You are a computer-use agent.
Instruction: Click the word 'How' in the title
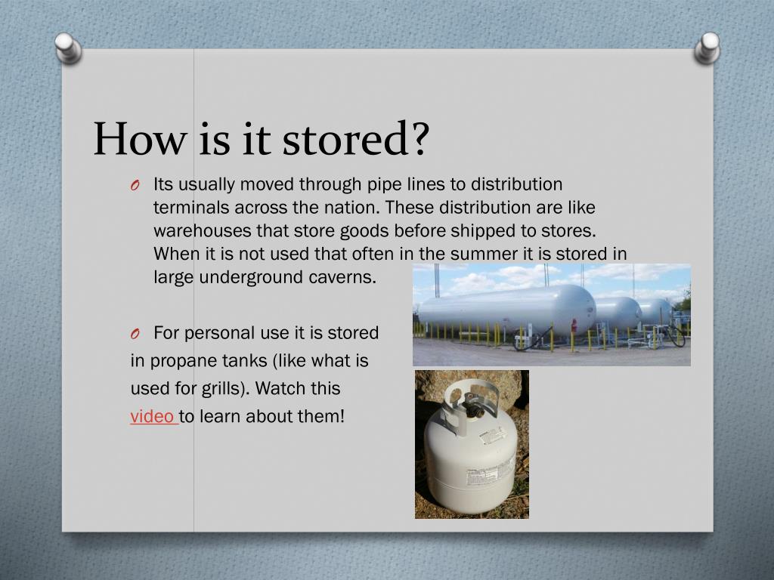coord(140,140)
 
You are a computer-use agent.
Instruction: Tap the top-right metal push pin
coord(708,46)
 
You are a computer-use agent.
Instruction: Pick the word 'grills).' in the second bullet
coord(226,389)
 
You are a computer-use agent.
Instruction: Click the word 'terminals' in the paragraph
coord(190,208)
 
